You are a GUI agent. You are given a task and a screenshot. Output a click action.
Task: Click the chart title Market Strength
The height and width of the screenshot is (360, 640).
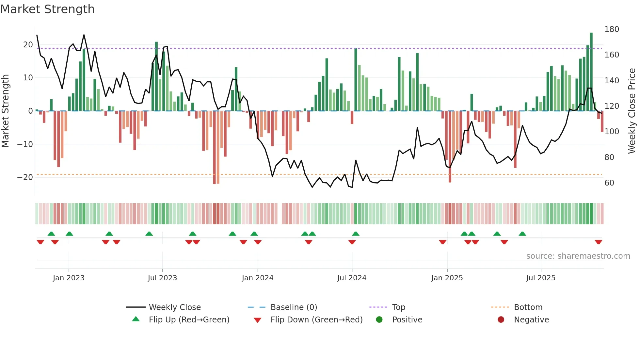click(x=48, y=9)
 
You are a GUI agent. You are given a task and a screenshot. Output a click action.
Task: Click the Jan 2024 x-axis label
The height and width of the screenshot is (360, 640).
click(x=258, y=278)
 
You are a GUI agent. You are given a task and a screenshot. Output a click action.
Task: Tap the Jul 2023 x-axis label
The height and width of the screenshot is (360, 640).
click(x=162, y=278)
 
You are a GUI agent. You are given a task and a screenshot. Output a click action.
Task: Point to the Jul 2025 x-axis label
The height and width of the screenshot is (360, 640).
click(x=541, y=278)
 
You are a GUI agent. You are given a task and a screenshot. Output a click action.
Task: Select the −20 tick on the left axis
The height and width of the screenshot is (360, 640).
click(x=25, y=177)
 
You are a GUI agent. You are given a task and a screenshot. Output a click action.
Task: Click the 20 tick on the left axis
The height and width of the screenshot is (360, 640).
click(x=28, y=45)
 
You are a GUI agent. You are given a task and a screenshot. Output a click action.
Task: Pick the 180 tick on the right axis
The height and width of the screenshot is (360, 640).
click(x=612, y=29)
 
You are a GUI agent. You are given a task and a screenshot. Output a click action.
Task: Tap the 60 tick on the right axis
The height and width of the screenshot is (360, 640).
click(x=609, y=183)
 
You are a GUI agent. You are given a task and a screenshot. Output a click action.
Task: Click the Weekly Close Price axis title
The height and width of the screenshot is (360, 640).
click(x=632, y=111)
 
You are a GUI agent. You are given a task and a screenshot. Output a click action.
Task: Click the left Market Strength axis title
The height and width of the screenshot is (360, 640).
click(x=6, y=111)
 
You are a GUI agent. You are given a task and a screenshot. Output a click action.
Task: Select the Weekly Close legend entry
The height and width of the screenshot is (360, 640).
click(x=175, y=307)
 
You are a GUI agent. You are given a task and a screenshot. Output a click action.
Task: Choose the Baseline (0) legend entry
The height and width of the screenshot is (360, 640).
click(x=294, y=307)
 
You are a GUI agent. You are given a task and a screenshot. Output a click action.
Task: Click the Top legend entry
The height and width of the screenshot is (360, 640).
click(x=399, y=307)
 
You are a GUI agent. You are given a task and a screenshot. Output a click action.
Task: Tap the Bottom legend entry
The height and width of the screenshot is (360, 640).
click(x=528, y=307)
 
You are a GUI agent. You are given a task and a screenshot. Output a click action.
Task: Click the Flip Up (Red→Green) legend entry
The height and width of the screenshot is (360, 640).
click(x=189, y=320)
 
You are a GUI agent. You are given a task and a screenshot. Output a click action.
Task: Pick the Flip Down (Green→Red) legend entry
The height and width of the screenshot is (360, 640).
click(x=316, y=320)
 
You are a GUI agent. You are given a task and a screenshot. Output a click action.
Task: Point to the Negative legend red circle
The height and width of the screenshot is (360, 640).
click(x=501, y=320)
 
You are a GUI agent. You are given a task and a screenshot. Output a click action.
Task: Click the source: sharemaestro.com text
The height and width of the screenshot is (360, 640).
click(x=578, y=256)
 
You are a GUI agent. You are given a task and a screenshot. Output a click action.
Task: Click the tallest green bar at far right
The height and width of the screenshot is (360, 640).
click(x=591, y=72)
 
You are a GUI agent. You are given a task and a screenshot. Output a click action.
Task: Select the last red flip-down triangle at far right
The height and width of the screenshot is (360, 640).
click(x=599, y=242)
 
